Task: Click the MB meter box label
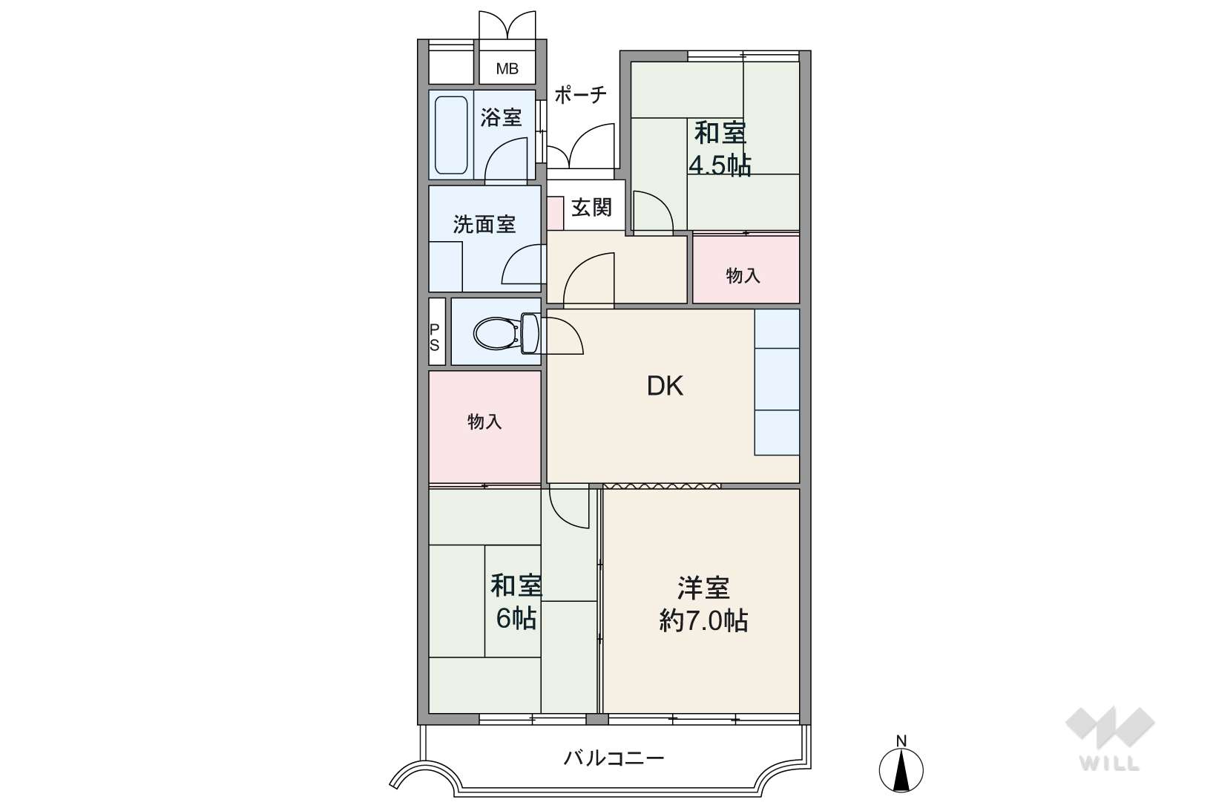coord(507,69)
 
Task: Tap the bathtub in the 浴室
coord(451,135)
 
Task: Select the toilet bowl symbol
coord(506,333)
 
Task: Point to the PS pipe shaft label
coord(434,337)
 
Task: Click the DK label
coord(665,387)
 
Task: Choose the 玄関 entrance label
coord(592,207)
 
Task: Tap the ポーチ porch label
coord(580,95)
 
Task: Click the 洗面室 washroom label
coord(484,224)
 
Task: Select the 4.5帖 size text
coord(720,165)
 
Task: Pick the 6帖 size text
coord(516,618)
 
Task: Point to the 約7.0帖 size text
coord(703,620)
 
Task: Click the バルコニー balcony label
coord(614,758)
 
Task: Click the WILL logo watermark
coord(1110,739)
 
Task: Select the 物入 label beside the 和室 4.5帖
coord(743,276)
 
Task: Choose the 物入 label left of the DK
coord(484,421)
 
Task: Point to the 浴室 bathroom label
coord(501,117)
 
